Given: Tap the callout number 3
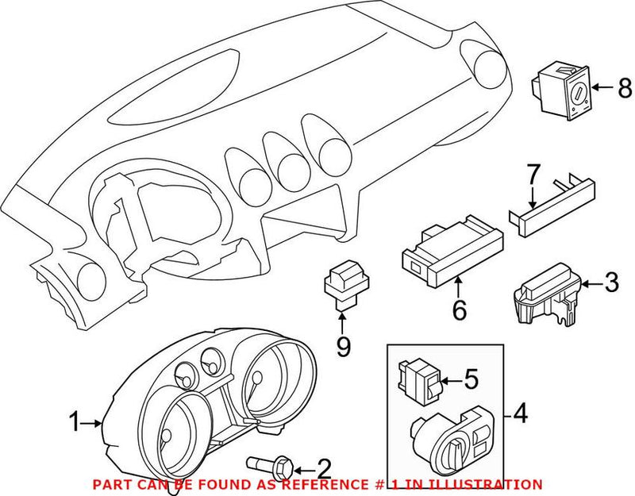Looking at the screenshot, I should tap(610, 282).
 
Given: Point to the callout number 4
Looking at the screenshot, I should tap(521, 413).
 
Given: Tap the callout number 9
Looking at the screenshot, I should tap(343, 347).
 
